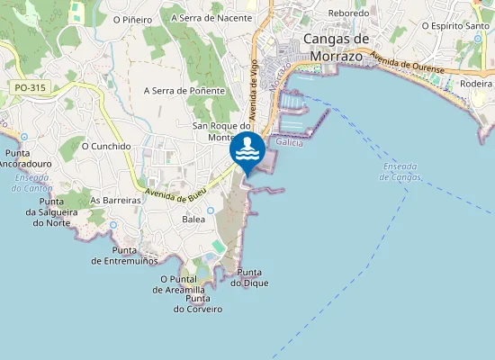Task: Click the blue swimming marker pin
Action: [x=247, y=150]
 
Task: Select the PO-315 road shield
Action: [x=30, y=88]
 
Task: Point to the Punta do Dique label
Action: [x=249, y=278]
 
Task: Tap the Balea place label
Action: [x=193, y=219]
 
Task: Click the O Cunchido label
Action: [x=107, y=146]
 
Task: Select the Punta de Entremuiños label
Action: [x=125, y=256]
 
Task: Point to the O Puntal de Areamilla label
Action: [x=184, y=286]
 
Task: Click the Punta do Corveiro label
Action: [x=198, y=303]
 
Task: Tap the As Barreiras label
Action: [x=116, y=200]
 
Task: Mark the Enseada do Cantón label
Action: [x=33, y=183]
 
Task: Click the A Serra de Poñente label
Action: [x=183, y=91]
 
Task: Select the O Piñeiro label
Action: [x=132, y=19]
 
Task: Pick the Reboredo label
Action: [x=349, y=13]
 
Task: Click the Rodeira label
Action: [x=475, y=83]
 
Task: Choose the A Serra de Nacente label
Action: [x=211, y=17]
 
